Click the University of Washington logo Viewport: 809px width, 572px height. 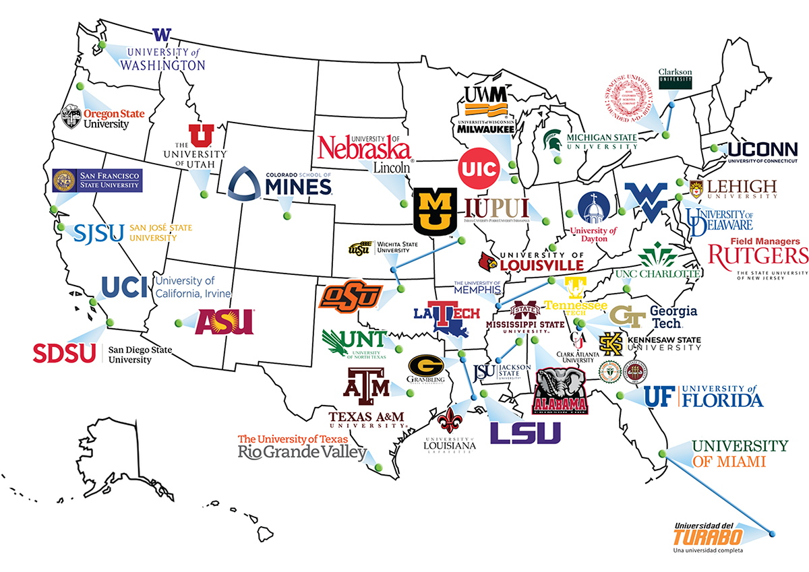click(162, 51)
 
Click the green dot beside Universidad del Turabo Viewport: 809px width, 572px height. click(771, 534)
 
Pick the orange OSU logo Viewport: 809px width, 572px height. click(351, 294)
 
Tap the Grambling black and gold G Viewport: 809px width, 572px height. click(426, 368)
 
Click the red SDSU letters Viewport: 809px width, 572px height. click(65, 352)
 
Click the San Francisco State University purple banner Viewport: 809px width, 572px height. click(97, 180)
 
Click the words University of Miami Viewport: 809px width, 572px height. click(740, 453)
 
